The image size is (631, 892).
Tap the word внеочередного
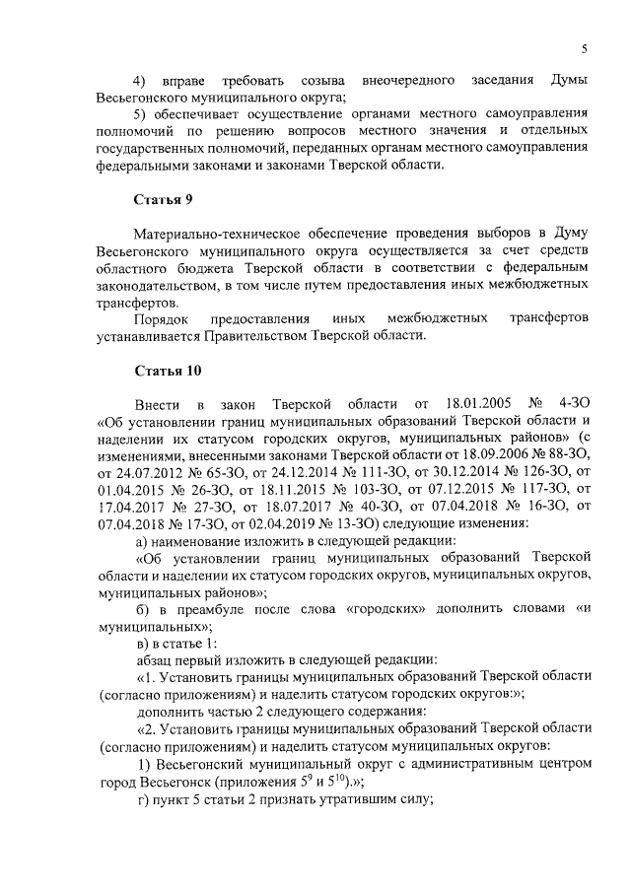coord(406,79)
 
